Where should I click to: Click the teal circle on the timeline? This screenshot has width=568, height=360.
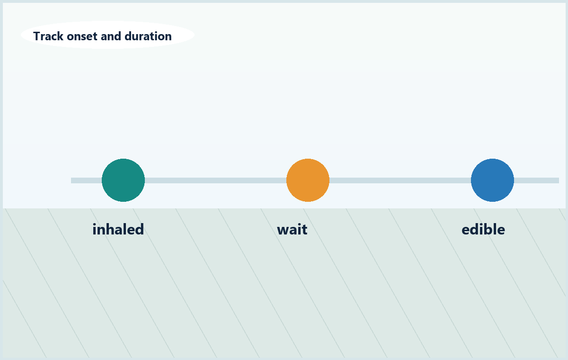123,180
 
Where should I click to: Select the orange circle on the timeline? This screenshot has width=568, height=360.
308,180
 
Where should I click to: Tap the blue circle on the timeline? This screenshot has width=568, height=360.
492,180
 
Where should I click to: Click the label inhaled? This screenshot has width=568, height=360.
118,229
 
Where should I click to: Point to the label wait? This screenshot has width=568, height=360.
292,230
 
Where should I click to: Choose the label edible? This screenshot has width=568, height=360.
483,229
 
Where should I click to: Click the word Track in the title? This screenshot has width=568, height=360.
48,36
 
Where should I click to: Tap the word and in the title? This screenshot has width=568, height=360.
111,36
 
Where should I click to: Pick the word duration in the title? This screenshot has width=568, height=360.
148,36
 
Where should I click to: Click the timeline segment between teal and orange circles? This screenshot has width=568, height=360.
215,180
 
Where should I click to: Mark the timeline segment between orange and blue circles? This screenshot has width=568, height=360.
400,180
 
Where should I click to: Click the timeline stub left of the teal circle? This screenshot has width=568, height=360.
87,180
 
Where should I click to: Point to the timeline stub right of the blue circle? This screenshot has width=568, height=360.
536,180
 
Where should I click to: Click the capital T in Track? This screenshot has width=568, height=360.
37,36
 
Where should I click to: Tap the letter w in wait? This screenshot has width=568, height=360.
284,230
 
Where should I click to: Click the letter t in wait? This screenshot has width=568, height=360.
304,230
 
